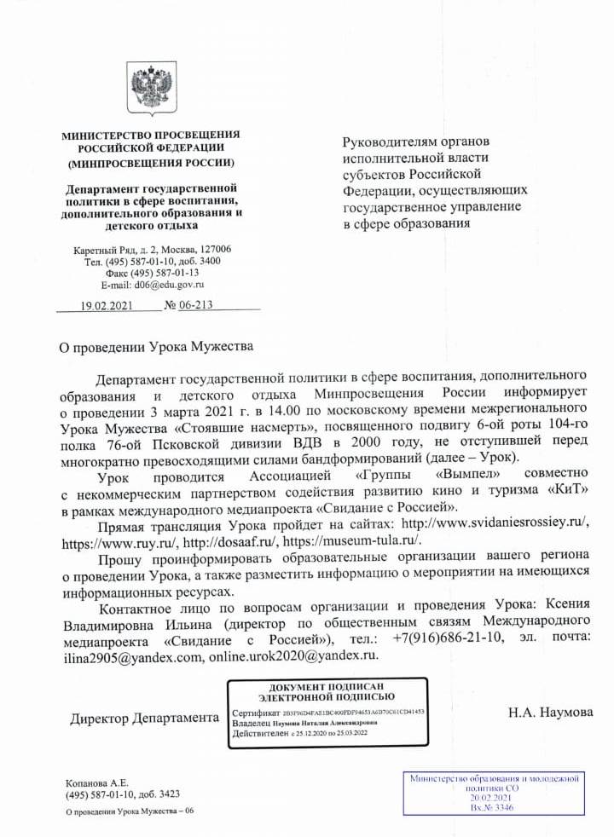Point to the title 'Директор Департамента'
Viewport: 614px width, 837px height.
(145, 719)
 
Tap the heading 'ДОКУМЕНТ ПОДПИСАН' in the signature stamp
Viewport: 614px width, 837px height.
(328, 686)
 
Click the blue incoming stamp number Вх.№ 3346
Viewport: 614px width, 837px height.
(495, 807)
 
